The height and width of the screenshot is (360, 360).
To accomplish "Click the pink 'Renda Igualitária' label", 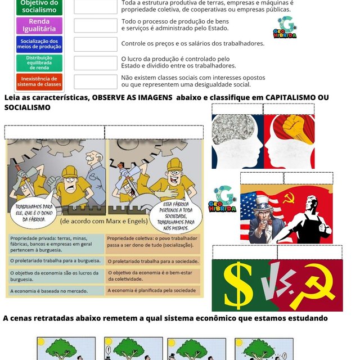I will tap(39, 25).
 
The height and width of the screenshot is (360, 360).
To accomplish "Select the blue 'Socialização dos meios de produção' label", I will tap(39, 44).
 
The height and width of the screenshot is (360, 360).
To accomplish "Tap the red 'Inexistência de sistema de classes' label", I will tap(39, 82).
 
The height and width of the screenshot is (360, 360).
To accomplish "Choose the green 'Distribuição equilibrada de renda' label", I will tap(39, 62).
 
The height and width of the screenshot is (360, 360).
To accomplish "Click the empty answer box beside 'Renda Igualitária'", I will tap(95, 25).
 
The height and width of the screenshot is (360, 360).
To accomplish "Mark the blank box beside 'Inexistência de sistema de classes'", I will tap(95, 82).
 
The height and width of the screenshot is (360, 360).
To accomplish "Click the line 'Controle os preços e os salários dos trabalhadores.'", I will tap(192, 43).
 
